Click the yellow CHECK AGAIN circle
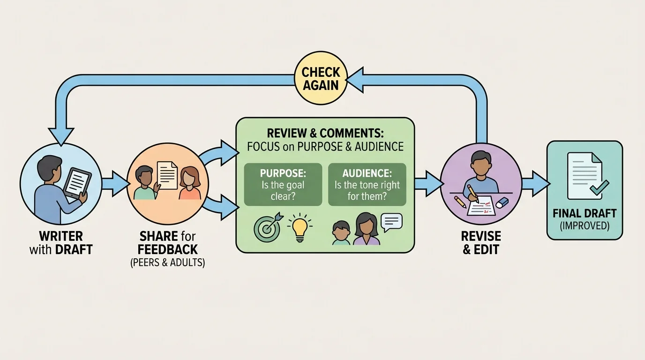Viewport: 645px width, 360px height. (x=320, y=78)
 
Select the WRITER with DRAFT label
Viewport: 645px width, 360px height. (x=61, y=242)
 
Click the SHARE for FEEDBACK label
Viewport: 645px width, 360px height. (x=167, y=242)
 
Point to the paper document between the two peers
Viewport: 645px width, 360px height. (x=167, y=175)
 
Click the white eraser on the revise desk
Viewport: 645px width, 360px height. (x=502, y=202)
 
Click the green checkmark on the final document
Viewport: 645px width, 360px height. (x=599, y=187)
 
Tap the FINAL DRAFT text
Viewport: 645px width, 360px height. (x=585, y=213)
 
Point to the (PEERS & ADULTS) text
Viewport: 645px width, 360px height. (x=167, y=262)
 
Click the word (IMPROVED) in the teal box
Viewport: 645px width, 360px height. (x=585, y=225)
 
